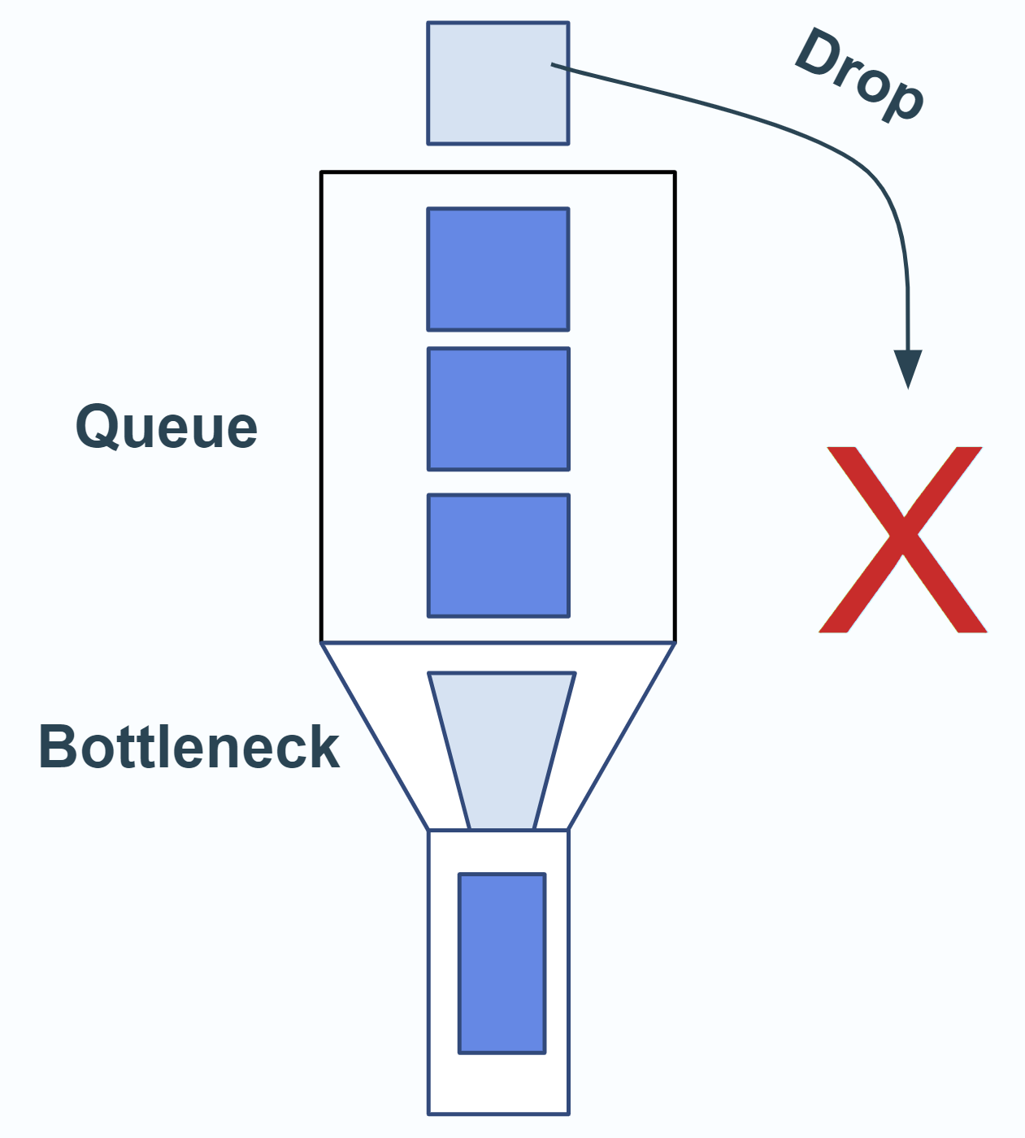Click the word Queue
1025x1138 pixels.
click(x=167, y=427)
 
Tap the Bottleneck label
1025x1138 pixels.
click(x=189, y=747)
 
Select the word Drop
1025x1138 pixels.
click(x=860, y=75)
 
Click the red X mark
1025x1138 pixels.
click(x=902, y=539)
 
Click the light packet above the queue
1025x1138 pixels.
click(x=497, y=83)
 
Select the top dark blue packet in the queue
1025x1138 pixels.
click(x=497, y=269)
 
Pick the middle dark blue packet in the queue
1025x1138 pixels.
click(x=497, y=409)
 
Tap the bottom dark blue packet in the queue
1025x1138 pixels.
click(x=497, y=555)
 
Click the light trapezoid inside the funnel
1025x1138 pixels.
click(x=502, y=748)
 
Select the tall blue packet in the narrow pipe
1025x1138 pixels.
click(x=502, y=963)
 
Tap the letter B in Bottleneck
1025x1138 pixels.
click(x=58, y=747)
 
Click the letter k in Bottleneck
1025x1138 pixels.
click(x=323, y=747)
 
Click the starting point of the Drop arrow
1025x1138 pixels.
click(x=553, y=64)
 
